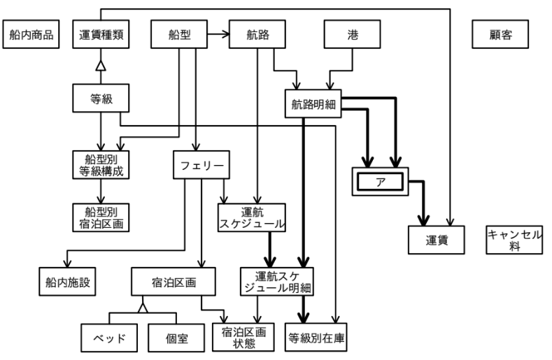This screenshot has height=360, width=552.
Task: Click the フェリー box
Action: (201, 166)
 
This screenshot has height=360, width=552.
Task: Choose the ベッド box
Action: (111, 339)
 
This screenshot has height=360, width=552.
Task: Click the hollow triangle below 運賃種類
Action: (102, 65)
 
